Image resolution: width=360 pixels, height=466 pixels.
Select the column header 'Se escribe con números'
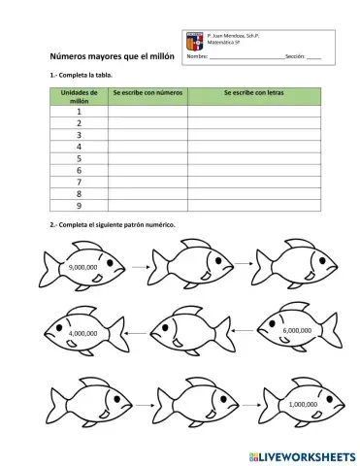click(147, 93)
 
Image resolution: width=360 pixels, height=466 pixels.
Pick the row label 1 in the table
click(78, 112)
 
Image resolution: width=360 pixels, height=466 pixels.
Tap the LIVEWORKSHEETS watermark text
click(302, 453)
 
